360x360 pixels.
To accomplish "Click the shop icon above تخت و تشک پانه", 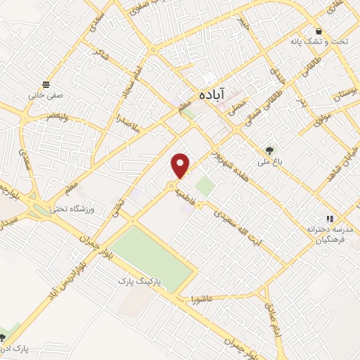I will tap(320, 31).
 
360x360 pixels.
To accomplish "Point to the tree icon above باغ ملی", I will tap(269, 150).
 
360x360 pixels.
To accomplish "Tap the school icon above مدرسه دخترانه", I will tap(329, 219).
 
